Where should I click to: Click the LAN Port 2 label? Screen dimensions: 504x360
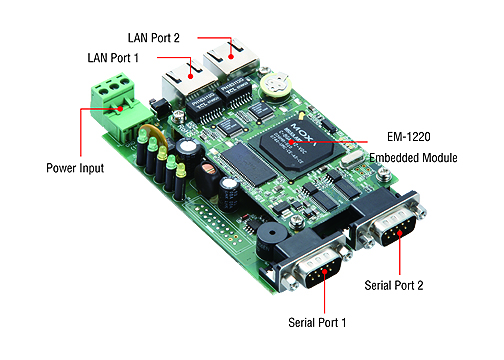154,38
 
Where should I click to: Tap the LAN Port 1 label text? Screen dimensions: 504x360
113,58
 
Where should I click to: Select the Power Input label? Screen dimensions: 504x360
75,168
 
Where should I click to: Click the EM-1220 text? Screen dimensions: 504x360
409,137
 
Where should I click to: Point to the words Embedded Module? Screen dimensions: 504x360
413,158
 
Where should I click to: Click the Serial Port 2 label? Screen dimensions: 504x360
394,285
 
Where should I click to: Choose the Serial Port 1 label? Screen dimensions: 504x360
317,322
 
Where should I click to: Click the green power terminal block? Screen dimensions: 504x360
120,106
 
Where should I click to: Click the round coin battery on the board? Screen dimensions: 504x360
276,85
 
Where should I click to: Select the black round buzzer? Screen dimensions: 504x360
271,239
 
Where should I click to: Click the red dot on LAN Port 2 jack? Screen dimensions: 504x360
231,57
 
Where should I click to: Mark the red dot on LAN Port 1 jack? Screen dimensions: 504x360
190,76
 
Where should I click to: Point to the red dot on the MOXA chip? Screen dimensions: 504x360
291,142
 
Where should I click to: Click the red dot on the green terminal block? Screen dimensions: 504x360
120,109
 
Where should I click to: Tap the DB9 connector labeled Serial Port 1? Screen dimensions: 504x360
312,262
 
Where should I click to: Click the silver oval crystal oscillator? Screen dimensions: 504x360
352,159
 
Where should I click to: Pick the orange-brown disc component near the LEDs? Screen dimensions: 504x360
152,133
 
